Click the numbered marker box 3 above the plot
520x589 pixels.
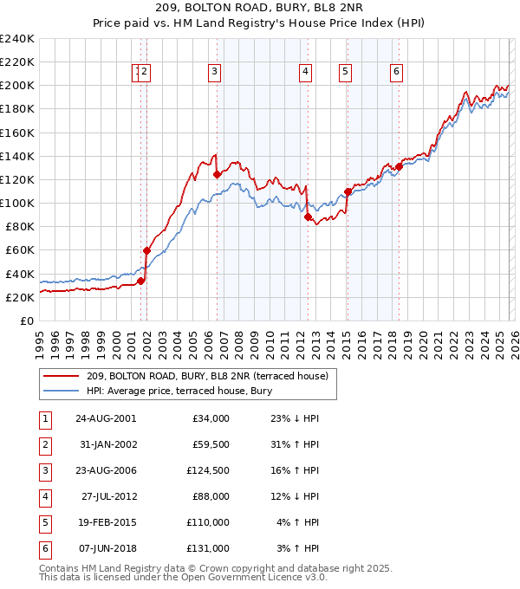pos(214,73)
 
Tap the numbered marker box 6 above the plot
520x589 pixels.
pos(396,73)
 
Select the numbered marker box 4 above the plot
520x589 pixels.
pos(306,73)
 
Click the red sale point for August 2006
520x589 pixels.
pos(217,174)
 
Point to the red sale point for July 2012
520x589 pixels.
pos(308,217)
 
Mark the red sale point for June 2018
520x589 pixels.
pos(399,166)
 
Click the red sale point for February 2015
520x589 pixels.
pos(348,191)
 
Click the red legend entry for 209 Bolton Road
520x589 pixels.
pos(207,377)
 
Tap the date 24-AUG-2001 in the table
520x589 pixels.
pos(105,418)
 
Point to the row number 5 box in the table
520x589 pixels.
pos(42,522)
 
